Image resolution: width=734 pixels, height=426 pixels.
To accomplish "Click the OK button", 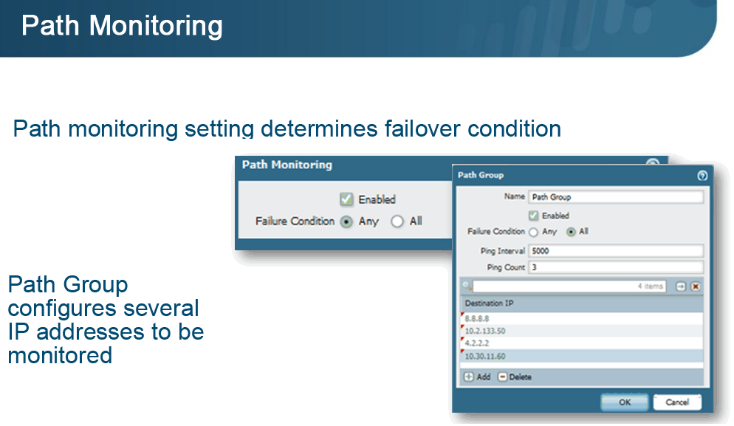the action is [625, 402].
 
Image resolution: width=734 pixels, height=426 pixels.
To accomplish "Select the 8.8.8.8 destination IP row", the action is [582, 318].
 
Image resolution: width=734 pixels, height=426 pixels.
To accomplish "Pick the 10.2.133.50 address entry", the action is [582, 331].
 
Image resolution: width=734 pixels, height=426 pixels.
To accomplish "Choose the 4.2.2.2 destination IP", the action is [582, 343].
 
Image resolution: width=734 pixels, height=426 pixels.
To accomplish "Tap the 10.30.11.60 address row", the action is [582, 356].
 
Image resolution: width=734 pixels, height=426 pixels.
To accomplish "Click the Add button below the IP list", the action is [477, 377].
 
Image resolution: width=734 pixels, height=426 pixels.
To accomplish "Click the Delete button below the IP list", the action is [515, 377].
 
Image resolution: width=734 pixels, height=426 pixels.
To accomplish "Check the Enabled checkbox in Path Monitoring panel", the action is [346, 199].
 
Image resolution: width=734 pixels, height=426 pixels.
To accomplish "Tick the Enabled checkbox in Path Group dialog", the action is [533, 216].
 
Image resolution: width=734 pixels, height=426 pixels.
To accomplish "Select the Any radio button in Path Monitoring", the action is [346, 221].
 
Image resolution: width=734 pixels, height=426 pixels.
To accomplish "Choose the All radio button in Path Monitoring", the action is [397, 221].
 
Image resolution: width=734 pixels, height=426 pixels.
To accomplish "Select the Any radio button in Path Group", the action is [533, 232].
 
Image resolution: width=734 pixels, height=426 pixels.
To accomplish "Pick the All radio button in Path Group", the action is [571, 232].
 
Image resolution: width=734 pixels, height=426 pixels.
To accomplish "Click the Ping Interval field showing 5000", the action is [616, 251].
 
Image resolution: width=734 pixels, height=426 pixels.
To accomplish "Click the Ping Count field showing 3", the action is [616, 267].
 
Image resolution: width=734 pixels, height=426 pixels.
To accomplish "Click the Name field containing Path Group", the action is [616, 197].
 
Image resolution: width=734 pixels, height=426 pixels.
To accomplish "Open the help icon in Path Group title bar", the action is [702, 176].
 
